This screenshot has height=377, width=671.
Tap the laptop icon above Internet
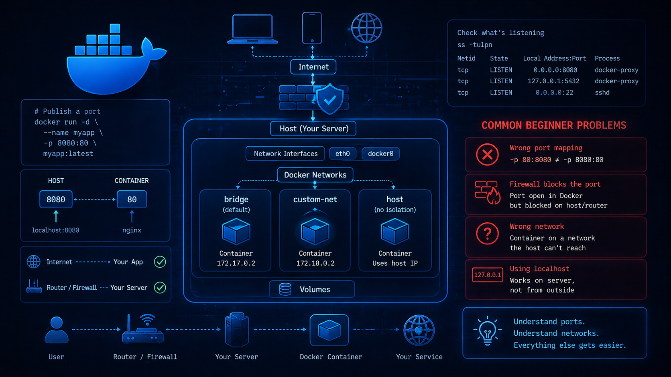tap(252, 29)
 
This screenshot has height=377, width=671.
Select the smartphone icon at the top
tap(312, 28)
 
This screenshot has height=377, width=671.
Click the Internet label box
tap(313, 67)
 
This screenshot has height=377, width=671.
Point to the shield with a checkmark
tap(330, 99)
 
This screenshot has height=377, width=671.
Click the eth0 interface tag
tap(342, 154)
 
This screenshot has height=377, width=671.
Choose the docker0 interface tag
tap(380, 154)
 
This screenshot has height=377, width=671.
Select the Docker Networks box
tap(315, 175)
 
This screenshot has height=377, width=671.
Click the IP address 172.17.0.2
tap(236, 263)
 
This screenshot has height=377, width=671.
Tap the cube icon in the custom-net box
tap(315, 232)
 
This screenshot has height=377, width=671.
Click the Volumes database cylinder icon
tap(285, 289)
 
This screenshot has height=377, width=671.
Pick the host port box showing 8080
tap(56, 200)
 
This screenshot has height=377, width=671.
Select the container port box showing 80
tap(132, 200)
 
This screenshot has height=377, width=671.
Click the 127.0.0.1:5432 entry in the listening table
tap(553, 81)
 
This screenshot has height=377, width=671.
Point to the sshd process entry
tap(602, 93)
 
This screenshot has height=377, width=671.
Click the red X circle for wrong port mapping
tap(487, 155)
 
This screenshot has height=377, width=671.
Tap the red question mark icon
tap(487, 234)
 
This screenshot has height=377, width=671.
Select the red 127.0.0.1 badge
tap(487, 275)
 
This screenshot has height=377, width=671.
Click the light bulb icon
tap(487, 331)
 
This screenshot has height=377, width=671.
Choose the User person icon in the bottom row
tap(56, 330)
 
